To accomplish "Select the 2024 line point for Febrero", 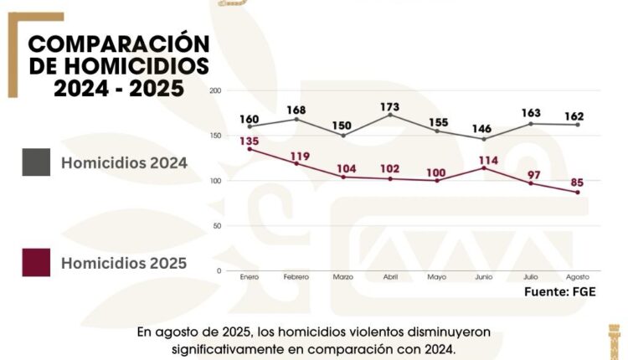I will click(296, 119).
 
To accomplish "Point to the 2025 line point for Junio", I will click(483, 168).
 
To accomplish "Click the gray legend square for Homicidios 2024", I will click(36, 163).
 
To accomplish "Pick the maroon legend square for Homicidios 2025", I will click(36, 263).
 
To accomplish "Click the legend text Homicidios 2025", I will click(124, 264).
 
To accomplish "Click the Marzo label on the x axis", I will click(342, 277).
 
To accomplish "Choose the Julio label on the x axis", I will click(530, 277).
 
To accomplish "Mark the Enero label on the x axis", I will click(249, 277).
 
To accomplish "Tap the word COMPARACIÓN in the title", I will click(119, 44).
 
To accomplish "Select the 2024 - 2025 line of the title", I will click(119, 88).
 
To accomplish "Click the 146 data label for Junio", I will click(483, 129).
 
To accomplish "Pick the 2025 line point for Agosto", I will click(577, 193).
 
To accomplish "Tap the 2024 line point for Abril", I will click(389, 115).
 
